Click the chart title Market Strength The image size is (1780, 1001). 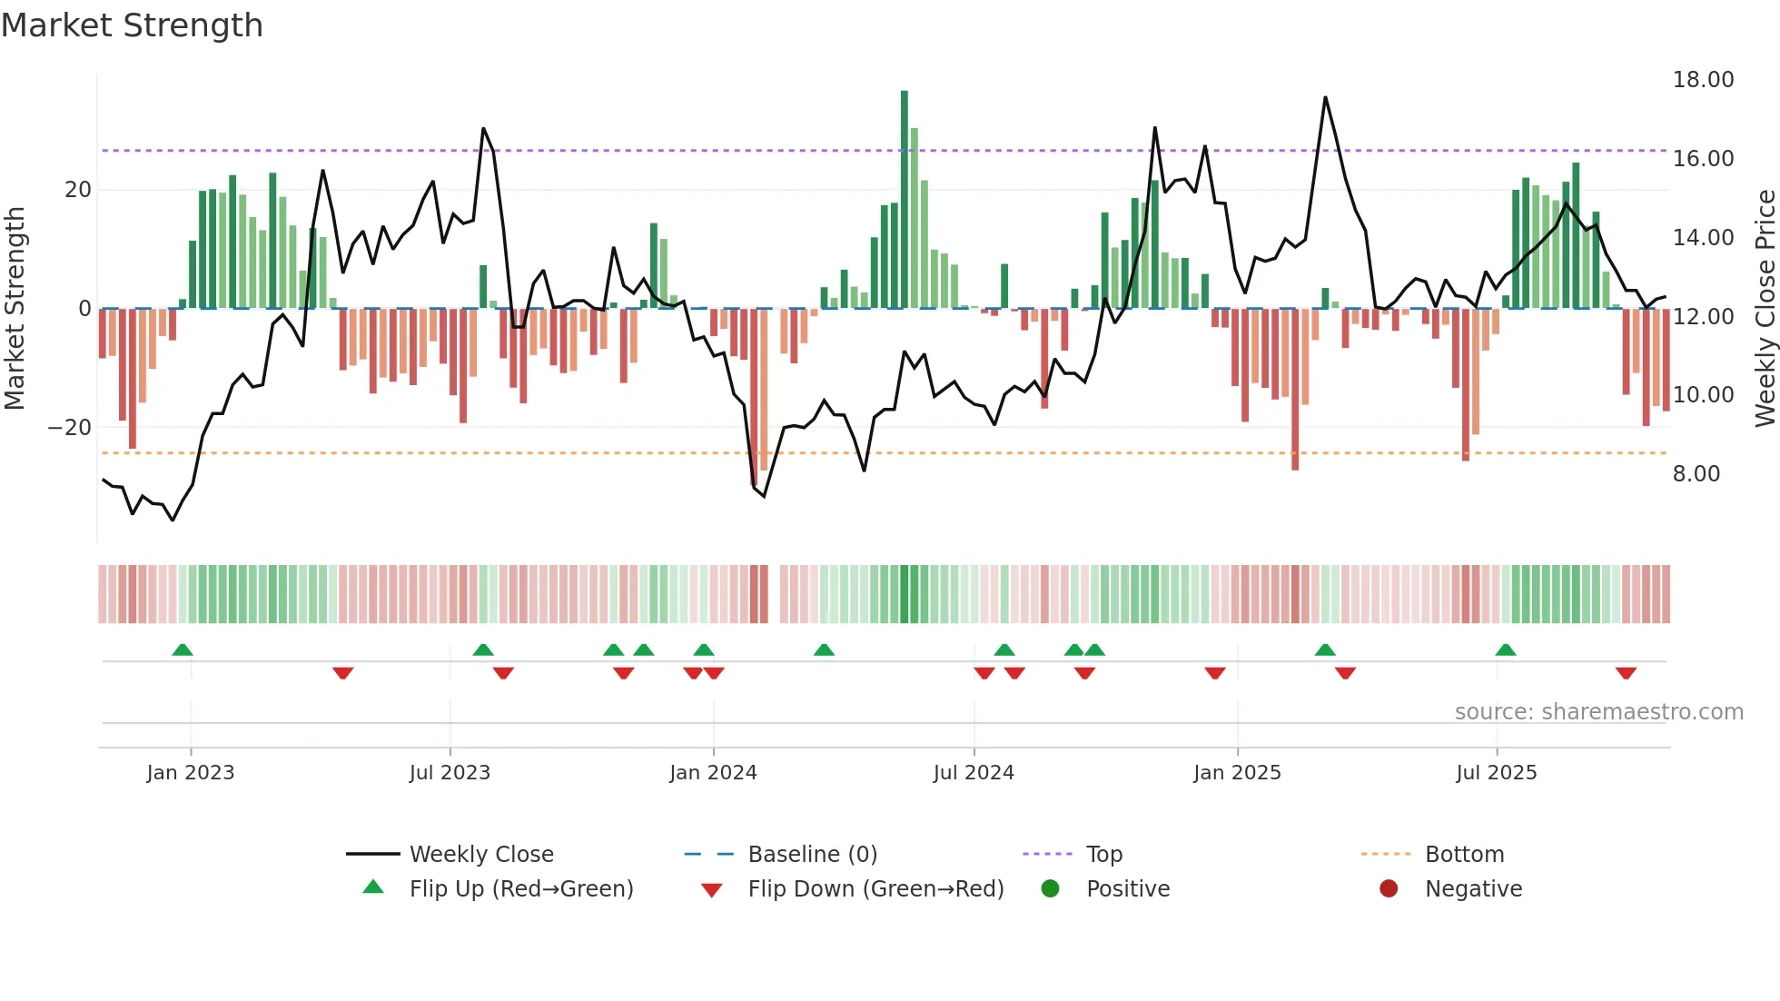click(x=132, y=25)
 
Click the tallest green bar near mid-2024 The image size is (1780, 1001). click(x=904, y=200)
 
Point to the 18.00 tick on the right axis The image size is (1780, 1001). click(x=1703, y=80)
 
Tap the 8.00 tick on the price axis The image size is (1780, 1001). click(x=1696, y=474)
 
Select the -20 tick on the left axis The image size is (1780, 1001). click(x=70, y=428)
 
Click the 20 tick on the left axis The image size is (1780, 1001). click(x=78, y=190)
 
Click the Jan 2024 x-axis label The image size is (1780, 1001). click(x=713, y=773)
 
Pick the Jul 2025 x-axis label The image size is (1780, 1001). click(x=1496, y=773)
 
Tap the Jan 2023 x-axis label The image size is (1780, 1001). click(x=191, y=773)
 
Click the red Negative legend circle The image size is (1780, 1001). click(x=1389, y=889)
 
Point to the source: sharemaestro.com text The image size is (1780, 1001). click(x=1598, y=712)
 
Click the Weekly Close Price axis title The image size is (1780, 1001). click(x=1765, y=309)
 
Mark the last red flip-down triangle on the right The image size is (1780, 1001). click(x=1626, y=673)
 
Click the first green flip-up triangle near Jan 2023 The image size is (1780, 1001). click(x=183, y=649)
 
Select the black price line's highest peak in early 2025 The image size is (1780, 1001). click(x=1325, y=98)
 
